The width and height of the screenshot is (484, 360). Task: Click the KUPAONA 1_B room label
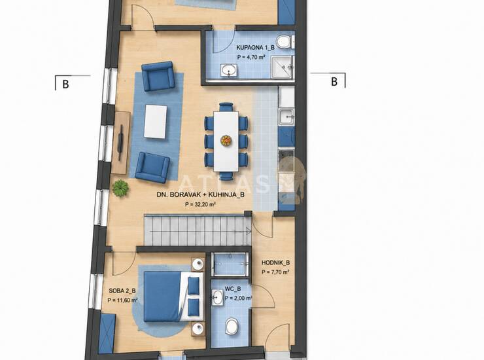coord(255,48)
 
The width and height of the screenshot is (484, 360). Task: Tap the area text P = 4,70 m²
coord(251,57)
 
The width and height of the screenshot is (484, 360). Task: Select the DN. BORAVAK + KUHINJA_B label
coord(201,194)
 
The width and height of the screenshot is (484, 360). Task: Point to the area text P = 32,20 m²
coord(200,204)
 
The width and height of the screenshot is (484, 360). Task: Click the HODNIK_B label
coord(275,262)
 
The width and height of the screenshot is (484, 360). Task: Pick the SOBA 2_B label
coord(122,291)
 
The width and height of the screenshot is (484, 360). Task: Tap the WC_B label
coord(233,289)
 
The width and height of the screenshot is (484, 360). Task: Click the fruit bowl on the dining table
coord(226,141)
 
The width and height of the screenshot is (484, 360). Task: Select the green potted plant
coord(120,188)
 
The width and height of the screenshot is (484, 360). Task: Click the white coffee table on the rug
coord(156,122)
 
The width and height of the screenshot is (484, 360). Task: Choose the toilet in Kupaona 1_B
coord(285,42)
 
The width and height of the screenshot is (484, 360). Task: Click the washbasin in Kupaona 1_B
coord(229,70)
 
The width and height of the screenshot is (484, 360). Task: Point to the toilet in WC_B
coord(232,327)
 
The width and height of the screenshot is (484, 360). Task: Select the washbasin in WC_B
coord(218,297)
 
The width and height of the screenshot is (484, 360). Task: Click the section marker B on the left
coord(65,84)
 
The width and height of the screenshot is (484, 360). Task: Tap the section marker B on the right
coord(334,82)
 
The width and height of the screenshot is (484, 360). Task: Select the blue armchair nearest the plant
coord(152,167)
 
